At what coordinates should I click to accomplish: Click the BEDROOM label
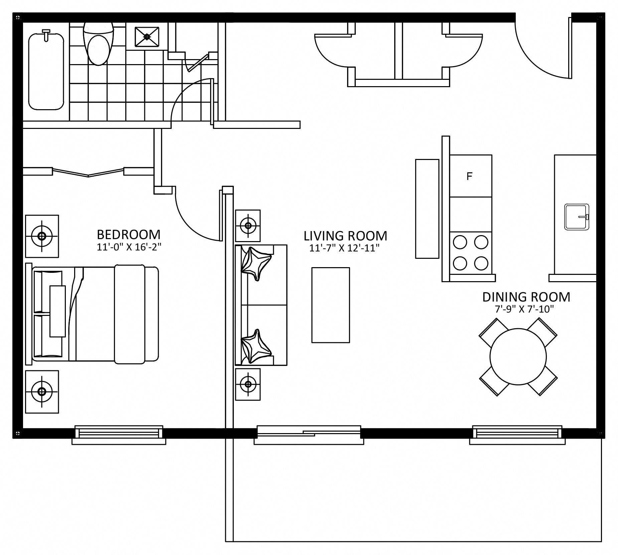pyautogui.click(x=129, y=234)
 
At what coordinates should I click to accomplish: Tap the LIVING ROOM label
pyautogui.click(x=345, y=236)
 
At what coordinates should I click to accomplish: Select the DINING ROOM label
pyautogui.click(x=526, y=297)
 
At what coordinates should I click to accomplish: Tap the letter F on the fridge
pyautogui.click(x=469, y=176)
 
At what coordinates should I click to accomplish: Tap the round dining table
pyautogui.click(x=518, y=357)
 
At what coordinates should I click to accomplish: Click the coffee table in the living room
pyautogui.click(x=331, y=305)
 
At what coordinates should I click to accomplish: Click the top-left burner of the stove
pyautogui.click(x=459, y=242)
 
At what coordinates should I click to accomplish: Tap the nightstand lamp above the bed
pyautogui.click(x=42, y=236)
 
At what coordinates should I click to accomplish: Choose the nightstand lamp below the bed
pyautogui.click(x=42, y=391)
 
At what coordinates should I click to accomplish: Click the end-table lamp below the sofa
pyautogui.click(x=248, y=384)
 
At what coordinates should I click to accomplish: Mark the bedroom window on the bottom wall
pyautogui.click(x=119, y=435)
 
